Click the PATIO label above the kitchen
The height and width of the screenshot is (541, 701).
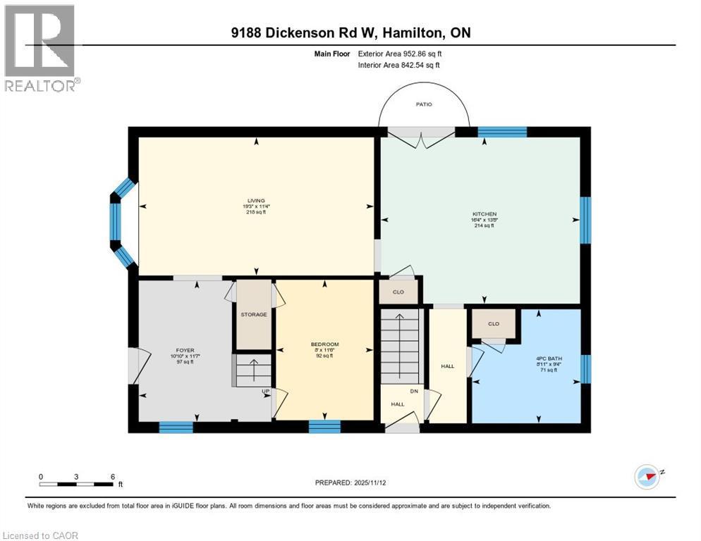423,104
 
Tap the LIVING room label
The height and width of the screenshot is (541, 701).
256,201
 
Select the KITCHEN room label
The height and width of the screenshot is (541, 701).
484,213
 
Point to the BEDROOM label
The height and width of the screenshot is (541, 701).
324,344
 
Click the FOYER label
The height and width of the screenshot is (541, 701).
185,350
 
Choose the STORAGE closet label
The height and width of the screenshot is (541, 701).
253,314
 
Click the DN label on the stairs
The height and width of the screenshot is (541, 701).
415,392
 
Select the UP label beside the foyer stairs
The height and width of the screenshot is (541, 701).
266,391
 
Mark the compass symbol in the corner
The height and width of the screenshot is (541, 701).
647,476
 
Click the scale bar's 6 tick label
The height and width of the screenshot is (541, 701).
113,476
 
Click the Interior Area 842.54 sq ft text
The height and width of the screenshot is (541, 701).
398,65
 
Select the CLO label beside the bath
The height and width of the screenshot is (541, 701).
494,324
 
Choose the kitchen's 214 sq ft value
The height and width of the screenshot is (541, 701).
484,225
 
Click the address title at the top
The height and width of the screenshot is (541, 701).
350,33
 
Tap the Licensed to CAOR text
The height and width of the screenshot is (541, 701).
40,535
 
